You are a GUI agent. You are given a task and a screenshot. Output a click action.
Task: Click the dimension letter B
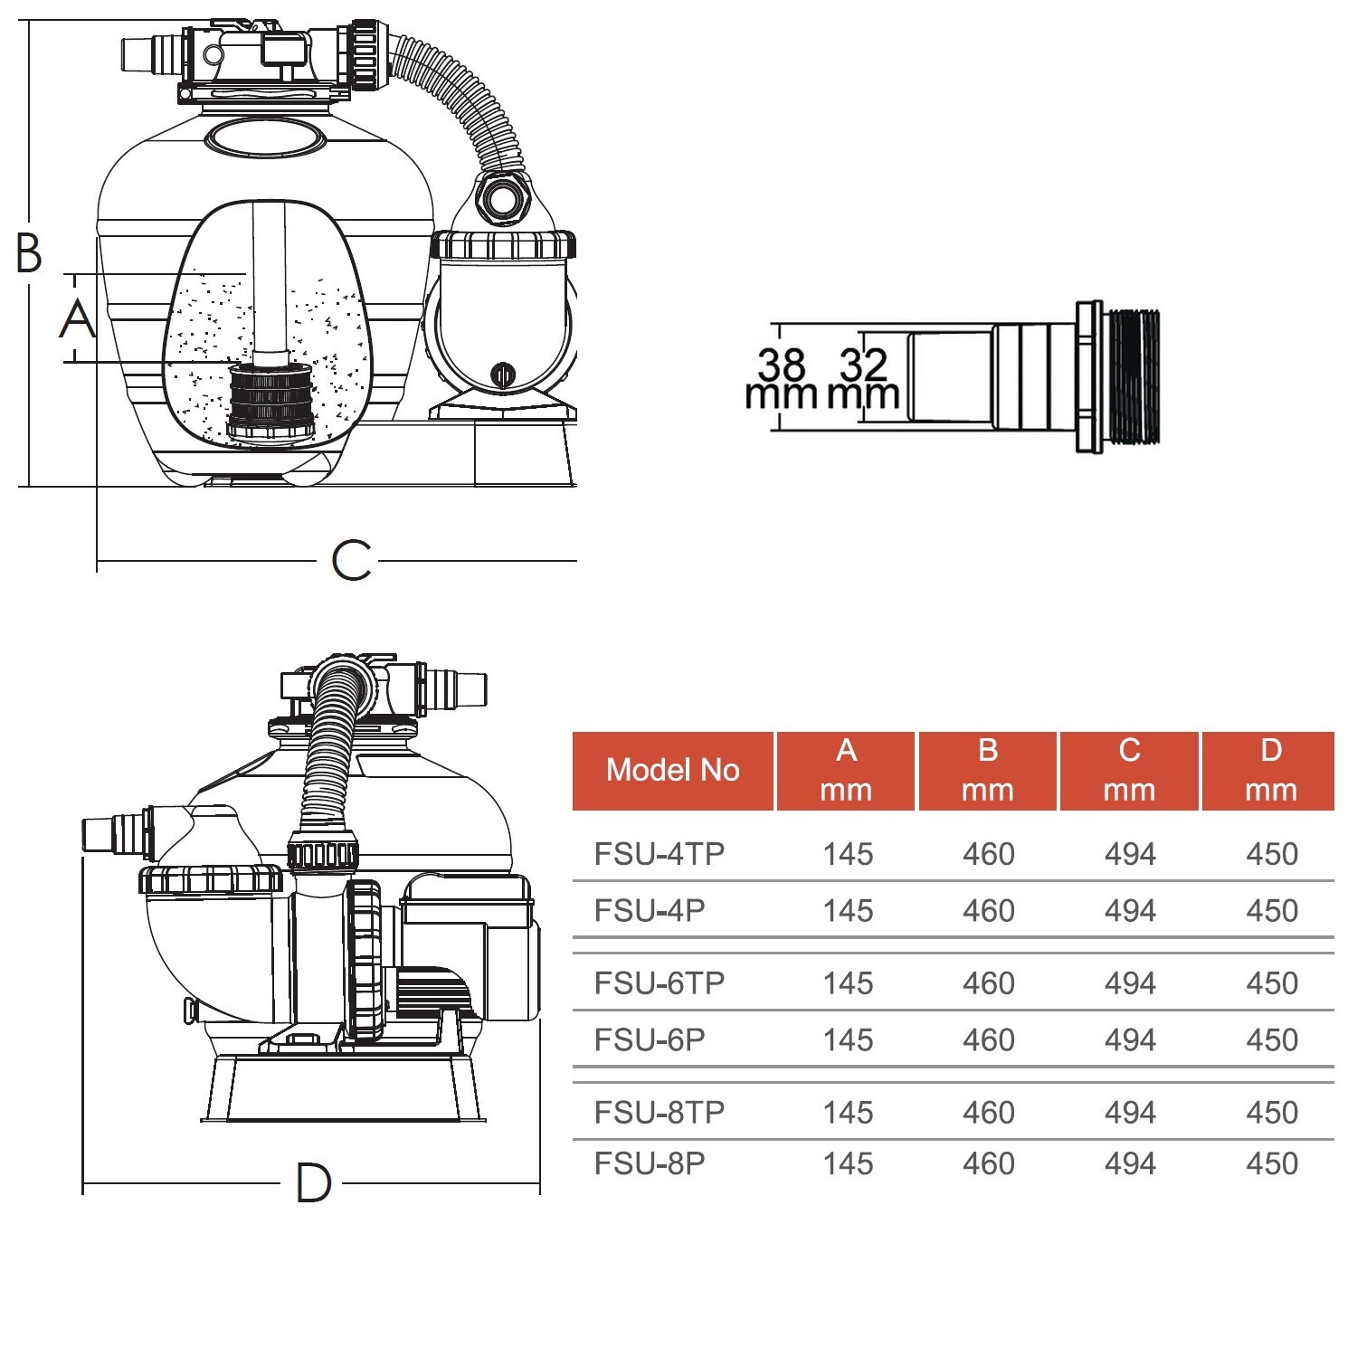[30, 253]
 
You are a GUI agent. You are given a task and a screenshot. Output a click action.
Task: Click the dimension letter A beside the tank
[78, 319]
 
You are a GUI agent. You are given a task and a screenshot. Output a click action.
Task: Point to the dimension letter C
[351, 561]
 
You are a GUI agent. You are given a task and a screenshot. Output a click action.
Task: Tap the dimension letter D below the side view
[314, 1183]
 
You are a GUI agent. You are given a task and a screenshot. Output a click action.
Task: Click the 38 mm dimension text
[781, 379]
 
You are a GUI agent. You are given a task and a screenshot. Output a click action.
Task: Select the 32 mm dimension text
[863, 379]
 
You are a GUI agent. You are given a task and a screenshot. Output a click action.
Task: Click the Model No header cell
[673, 770]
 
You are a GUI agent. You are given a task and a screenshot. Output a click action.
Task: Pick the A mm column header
[846, 770]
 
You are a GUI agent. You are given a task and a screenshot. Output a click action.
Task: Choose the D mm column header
[1270, 770]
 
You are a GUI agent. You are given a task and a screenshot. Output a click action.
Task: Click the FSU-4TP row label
[660, 854]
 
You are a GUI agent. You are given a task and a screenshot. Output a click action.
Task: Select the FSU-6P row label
[650, 1040]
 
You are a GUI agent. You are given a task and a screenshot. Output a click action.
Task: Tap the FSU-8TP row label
[660, 1113]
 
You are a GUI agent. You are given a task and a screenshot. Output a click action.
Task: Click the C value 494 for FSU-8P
[1130, 1163]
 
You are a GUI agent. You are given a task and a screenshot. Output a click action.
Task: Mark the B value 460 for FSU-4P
[988, 911]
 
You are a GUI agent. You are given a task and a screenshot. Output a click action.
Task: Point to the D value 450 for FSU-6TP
[1271, 983]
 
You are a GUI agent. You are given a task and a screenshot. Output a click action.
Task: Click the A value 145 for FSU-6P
[848, 1040]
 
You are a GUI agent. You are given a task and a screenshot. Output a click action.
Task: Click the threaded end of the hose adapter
[1133, 377]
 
